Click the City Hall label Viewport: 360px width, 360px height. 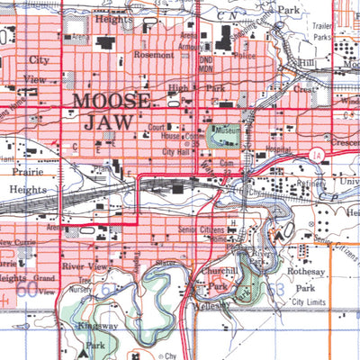tap(179, 152)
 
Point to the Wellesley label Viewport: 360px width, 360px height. tap(212, 305)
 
